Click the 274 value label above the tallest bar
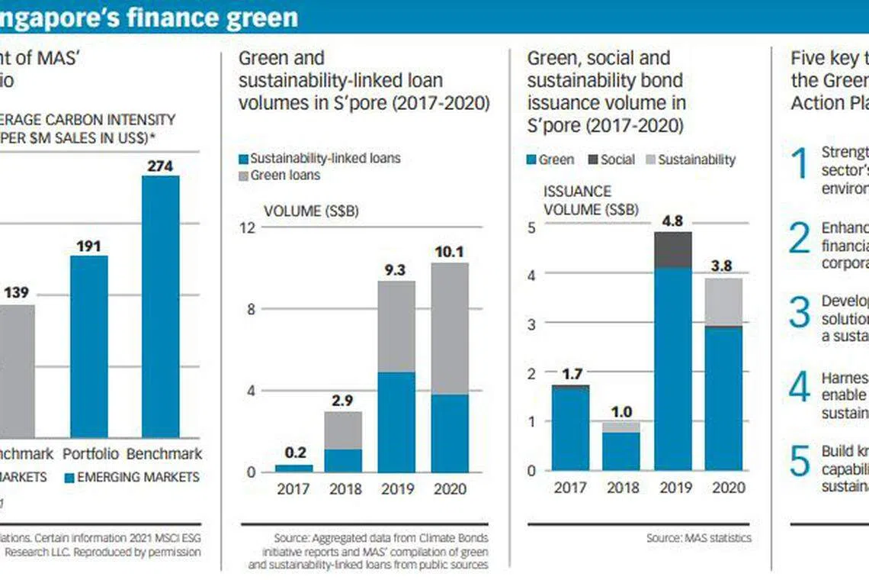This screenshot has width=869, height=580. click(x=161, y=164)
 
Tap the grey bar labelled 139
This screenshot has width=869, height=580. click(x=16, y=370)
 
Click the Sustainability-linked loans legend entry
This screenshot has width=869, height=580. click(x=319, y=159)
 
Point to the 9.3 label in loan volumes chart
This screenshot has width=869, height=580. click(x=396, y=269)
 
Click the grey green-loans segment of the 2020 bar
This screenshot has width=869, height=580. click(x=450, y=328)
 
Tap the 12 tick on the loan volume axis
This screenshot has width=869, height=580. click(x=247, y=227)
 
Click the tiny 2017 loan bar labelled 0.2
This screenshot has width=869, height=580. click(x=293, y=468)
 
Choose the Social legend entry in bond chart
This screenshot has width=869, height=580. click(x=611, y=159)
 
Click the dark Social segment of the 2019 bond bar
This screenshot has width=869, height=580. click(x=673, y=250)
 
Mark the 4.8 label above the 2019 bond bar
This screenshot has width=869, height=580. click(x=673, y=221)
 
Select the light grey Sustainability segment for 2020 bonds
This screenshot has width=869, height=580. click(x=723, y=301)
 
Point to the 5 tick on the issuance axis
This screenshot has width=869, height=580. click(x=531, y=227)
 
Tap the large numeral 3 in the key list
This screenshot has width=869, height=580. click(x=799, y=312)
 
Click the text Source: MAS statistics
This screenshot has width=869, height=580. click(x=698, y=538)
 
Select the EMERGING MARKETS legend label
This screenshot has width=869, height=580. click(x=132, y=478)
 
